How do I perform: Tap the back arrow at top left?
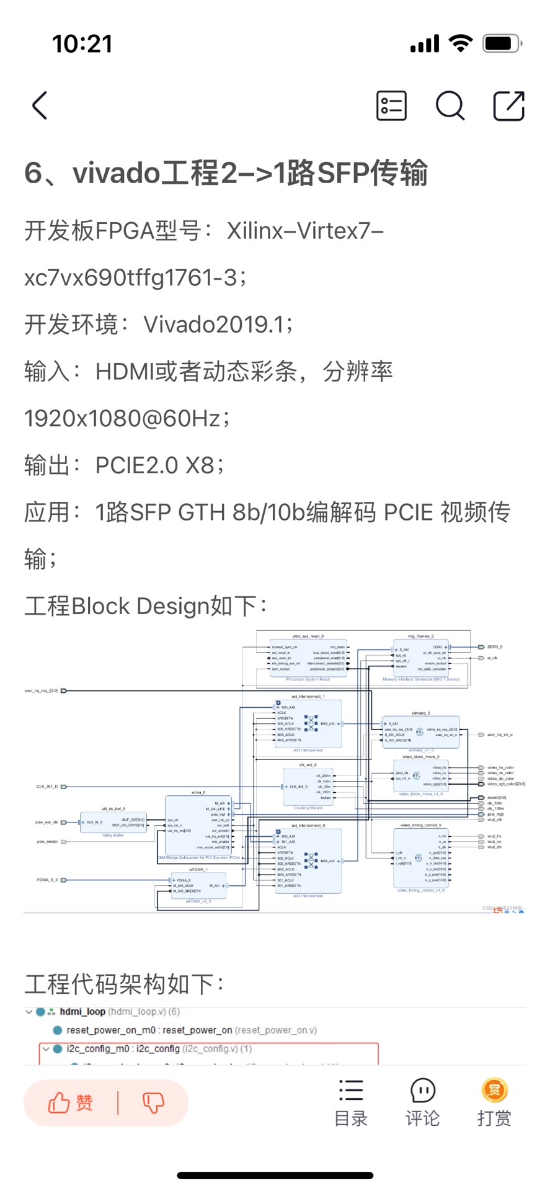40,105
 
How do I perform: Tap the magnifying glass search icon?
450,105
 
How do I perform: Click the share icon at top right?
508,105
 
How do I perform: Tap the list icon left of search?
391,105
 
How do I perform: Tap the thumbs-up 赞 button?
71,1102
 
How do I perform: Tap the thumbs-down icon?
153,1102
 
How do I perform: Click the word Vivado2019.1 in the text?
214,324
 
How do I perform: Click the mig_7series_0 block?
420,659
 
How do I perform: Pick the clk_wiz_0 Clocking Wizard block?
308,787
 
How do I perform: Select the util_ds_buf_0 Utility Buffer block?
113,823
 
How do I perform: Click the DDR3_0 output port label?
494,647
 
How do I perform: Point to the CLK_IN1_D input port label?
47,787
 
